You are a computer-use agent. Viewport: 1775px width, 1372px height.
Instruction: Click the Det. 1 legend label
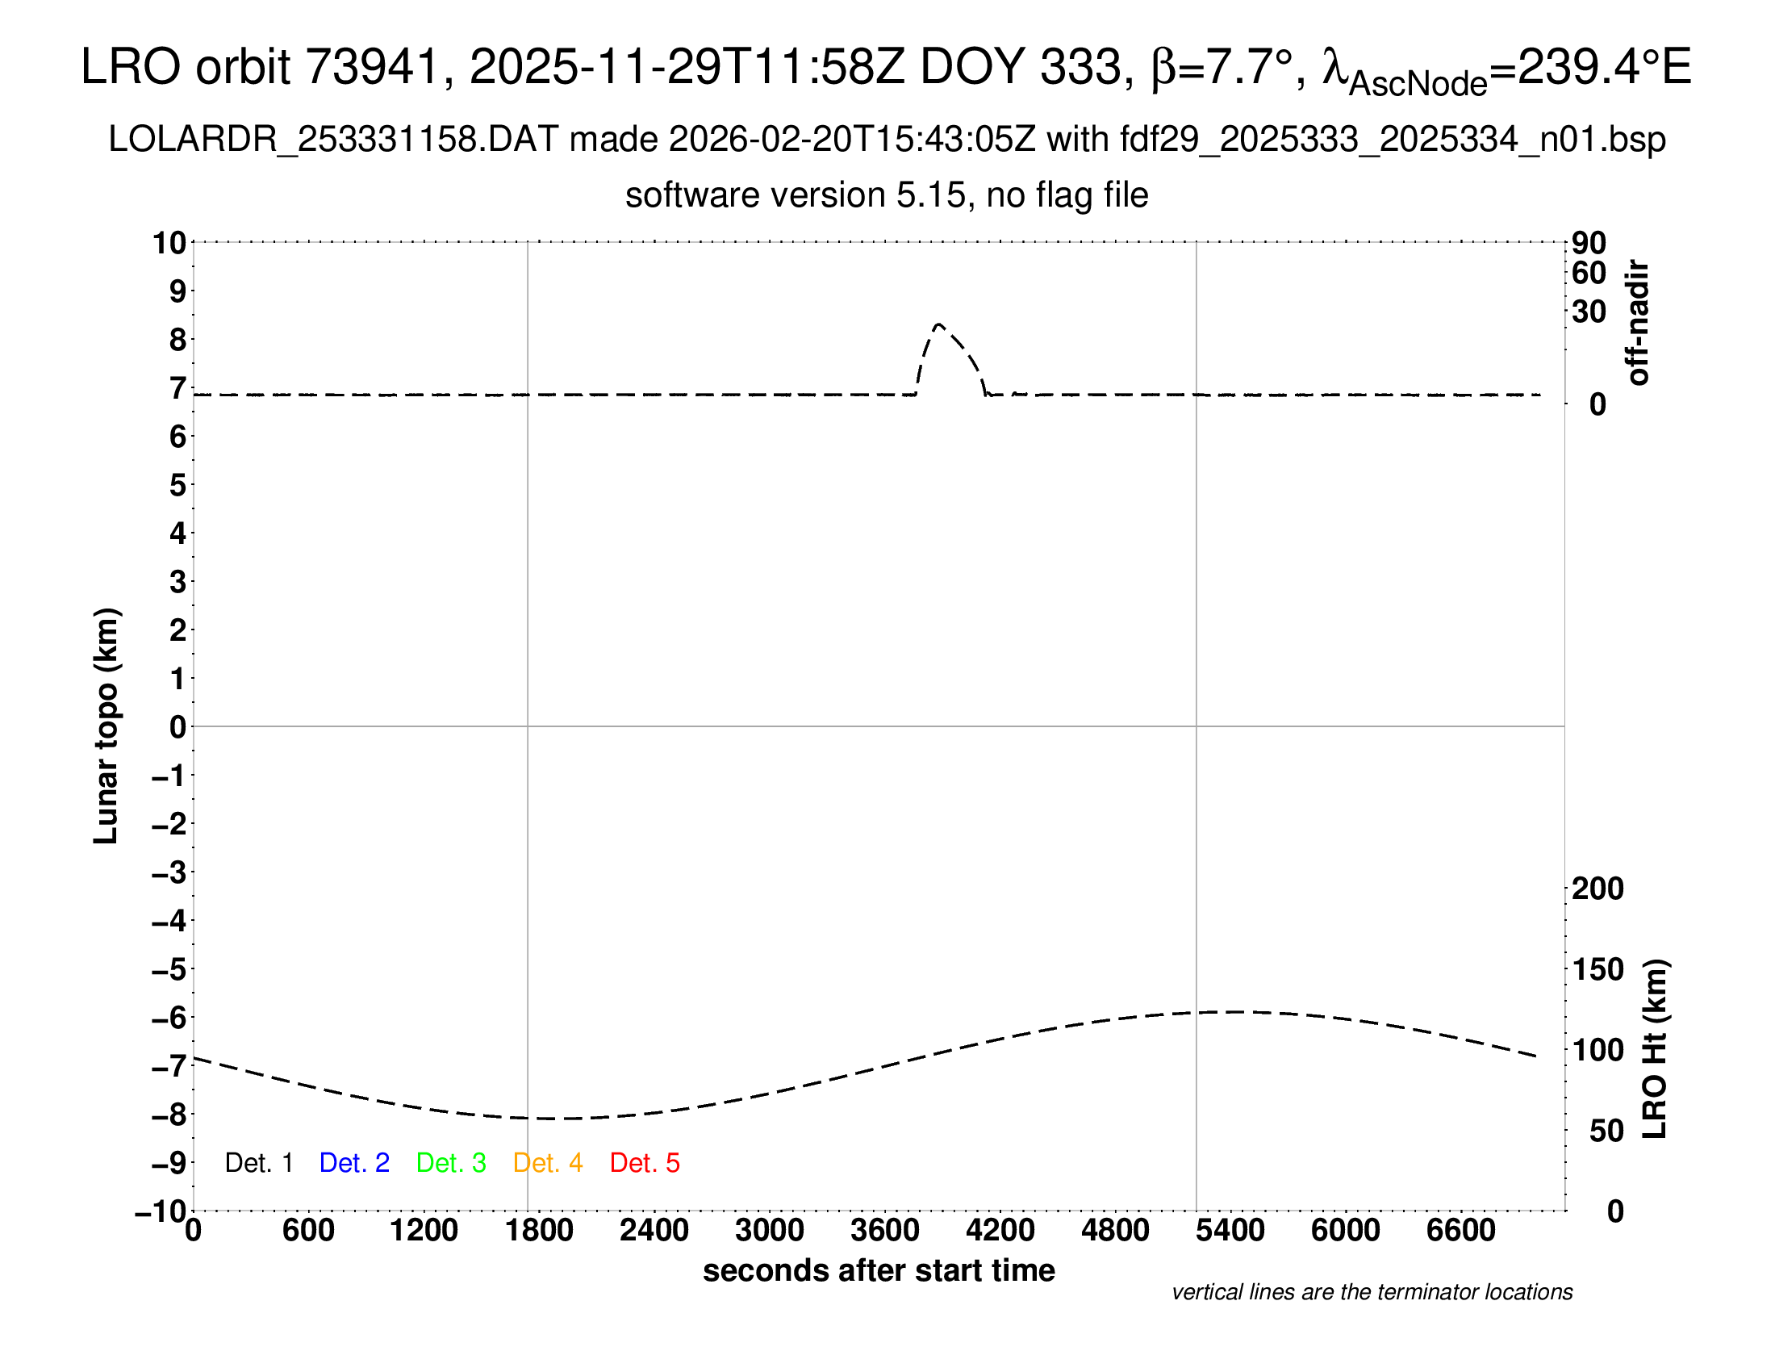(x=258, y=1163)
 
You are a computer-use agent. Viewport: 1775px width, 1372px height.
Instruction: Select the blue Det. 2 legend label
(x=354, y=1163)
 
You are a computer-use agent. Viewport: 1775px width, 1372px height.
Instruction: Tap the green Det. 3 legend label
(x=451, y=1163)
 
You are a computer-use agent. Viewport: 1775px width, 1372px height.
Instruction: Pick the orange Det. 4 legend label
(x=548, y=1163)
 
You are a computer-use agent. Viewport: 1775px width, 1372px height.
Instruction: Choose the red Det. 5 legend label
(x=645, y=1163)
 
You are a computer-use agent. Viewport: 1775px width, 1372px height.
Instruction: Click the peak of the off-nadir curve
(x=938, y=324)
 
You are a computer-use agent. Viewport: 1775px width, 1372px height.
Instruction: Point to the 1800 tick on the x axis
(x=539, y=1230)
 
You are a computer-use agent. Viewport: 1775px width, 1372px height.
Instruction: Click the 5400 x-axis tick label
(x=1230, y=1230)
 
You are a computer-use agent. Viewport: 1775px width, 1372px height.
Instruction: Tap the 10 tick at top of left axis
(x=170, y=242)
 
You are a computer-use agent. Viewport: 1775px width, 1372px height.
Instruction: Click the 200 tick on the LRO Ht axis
(x=1597, y=889)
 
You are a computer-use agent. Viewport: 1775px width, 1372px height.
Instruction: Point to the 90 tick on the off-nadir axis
(x=1589, y=242)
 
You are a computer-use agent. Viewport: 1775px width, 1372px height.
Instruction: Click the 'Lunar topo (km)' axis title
(x=106, y=726)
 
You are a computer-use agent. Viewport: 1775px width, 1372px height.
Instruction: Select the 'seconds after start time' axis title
(x=879, y=1270)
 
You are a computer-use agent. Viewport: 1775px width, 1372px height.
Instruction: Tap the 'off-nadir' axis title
(x=1638, y=323)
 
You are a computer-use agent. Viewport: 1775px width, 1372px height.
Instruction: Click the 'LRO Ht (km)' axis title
(x=1655, y=1049)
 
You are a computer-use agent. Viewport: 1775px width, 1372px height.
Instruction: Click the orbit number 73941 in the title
(x=371, y=67)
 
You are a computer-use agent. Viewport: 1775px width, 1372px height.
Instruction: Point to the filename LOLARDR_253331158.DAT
(x=333, y=140)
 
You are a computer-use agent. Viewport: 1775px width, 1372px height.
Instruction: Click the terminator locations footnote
(x=1372, y=1292)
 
